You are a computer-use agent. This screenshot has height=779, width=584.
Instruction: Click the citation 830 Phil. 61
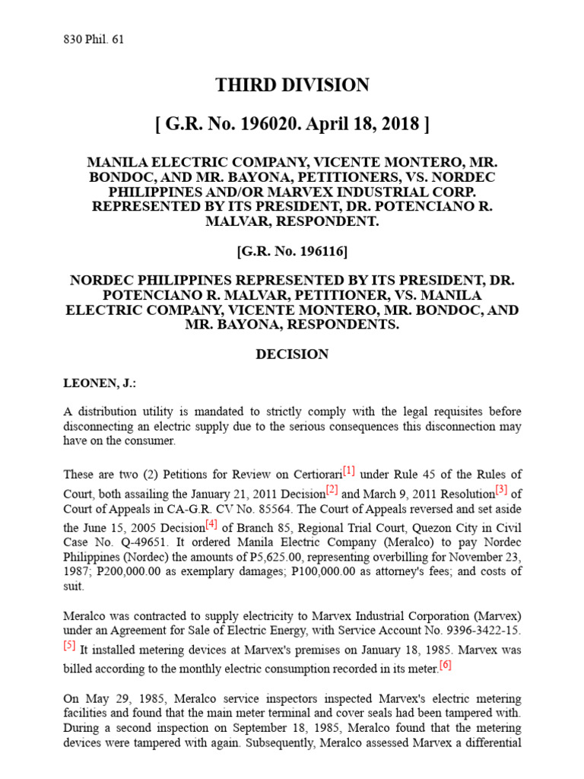pos(94,40)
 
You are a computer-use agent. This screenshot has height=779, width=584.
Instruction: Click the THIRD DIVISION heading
pos(292,85)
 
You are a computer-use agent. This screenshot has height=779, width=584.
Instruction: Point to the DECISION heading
pos(292,355)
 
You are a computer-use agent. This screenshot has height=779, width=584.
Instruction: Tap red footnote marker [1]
pos(349,471)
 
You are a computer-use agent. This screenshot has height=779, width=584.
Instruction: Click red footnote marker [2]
pos(332,488)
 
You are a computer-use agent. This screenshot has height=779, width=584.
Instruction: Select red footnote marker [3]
pos(501,488)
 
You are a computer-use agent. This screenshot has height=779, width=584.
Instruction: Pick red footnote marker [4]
pos(211,524)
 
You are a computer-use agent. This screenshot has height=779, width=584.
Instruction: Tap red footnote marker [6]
pos(445,665)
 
